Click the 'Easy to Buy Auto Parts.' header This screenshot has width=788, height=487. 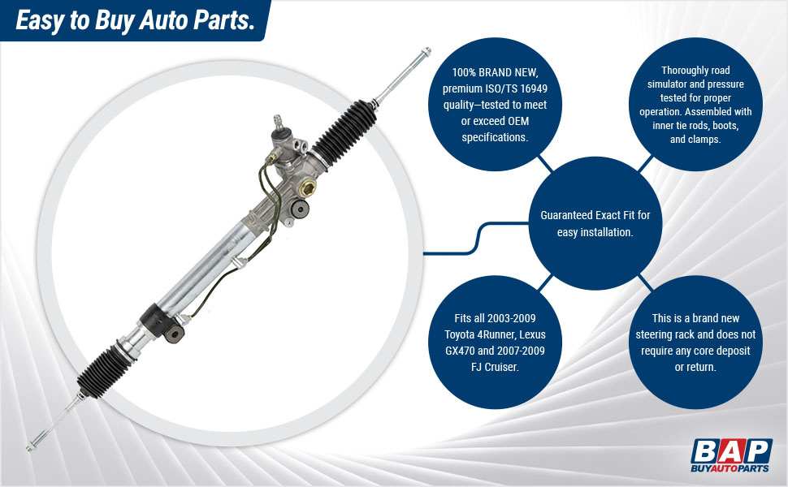click(134, 20)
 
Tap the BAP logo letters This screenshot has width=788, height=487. click(730, 450)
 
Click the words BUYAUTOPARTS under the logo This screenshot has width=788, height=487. click(730, 469)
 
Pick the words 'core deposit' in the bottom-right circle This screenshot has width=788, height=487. click(715, 350)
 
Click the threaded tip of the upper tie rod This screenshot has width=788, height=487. click(424, 56)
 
